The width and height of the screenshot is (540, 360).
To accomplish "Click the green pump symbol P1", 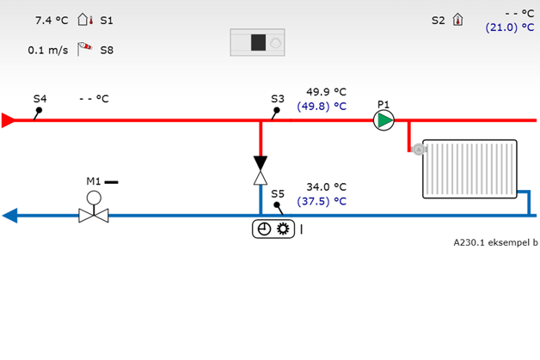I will [384, 120].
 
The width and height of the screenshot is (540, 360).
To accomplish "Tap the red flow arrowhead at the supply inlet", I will [9, 120].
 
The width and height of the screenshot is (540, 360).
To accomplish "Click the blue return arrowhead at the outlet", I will [9, 215].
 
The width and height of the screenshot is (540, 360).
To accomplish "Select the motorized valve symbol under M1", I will [93, 213].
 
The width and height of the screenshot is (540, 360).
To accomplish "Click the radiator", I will [469, 168].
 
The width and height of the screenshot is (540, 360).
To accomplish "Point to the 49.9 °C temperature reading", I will [326, 92].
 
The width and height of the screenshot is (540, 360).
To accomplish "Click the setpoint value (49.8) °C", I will [322, 107].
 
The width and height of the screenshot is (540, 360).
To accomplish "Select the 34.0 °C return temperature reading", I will [326, 186].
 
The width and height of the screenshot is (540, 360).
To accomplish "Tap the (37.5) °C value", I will [322, 201].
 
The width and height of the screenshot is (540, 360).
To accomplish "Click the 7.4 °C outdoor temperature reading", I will [51, 19].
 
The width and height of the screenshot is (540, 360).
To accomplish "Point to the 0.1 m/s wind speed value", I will [47, 50].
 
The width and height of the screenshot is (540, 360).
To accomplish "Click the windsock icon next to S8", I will [84, 49].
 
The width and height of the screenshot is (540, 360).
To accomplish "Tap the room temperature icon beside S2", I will [457, 20].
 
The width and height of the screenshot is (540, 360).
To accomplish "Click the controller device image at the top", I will [257, 42].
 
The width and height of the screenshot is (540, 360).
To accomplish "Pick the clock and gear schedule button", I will [273, 229].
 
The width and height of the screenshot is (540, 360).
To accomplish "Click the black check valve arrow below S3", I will [261, 163].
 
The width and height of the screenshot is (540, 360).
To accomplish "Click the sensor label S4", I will [40, 99].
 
